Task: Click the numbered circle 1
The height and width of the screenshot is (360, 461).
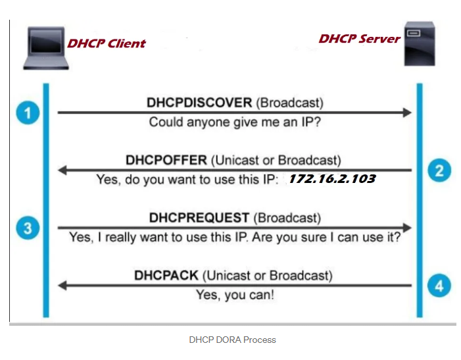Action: (x=28, y=113)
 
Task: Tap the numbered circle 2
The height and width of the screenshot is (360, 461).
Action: (x=439, y=170)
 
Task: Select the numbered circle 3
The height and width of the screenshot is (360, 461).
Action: (x=28, y=228)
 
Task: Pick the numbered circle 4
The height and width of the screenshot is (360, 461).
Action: (x=439, y=286)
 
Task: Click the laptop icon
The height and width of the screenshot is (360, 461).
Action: (x=45, y=48)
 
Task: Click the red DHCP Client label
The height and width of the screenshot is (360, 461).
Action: (x=107, y=44)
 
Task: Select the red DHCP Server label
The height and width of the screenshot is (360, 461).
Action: (x=359, y=39)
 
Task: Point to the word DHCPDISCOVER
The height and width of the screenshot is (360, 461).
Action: (x=199, y=103)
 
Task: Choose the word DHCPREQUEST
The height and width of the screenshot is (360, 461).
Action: (x=199, y=217)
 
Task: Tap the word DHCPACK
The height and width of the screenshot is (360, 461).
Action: (x=166, y=275)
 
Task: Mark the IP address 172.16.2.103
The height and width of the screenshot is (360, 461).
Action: (x=332, y=178)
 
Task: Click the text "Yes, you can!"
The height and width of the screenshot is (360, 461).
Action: (x=235, y=295)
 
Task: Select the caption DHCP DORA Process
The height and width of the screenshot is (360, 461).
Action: (x=232, y=340)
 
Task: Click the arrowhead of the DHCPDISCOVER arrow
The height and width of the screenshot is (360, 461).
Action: (x=407, y=113)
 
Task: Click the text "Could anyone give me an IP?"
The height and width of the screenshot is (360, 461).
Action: (x=234, y=122)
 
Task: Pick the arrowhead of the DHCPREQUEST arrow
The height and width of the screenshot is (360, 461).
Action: (x=407, y=228)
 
